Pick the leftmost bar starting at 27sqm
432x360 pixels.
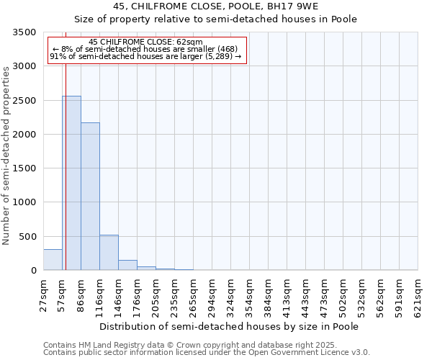pyautogui.click(x=53, y=260)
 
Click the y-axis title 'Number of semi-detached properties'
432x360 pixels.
pyautogui.click(x=7, y=156)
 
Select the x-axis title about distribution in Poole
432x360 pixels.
pyautogui.click(x=229, y=326)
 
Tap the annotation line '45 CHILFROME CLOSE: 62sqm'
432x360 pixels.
pyautogui.click(x=147, y=42)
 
